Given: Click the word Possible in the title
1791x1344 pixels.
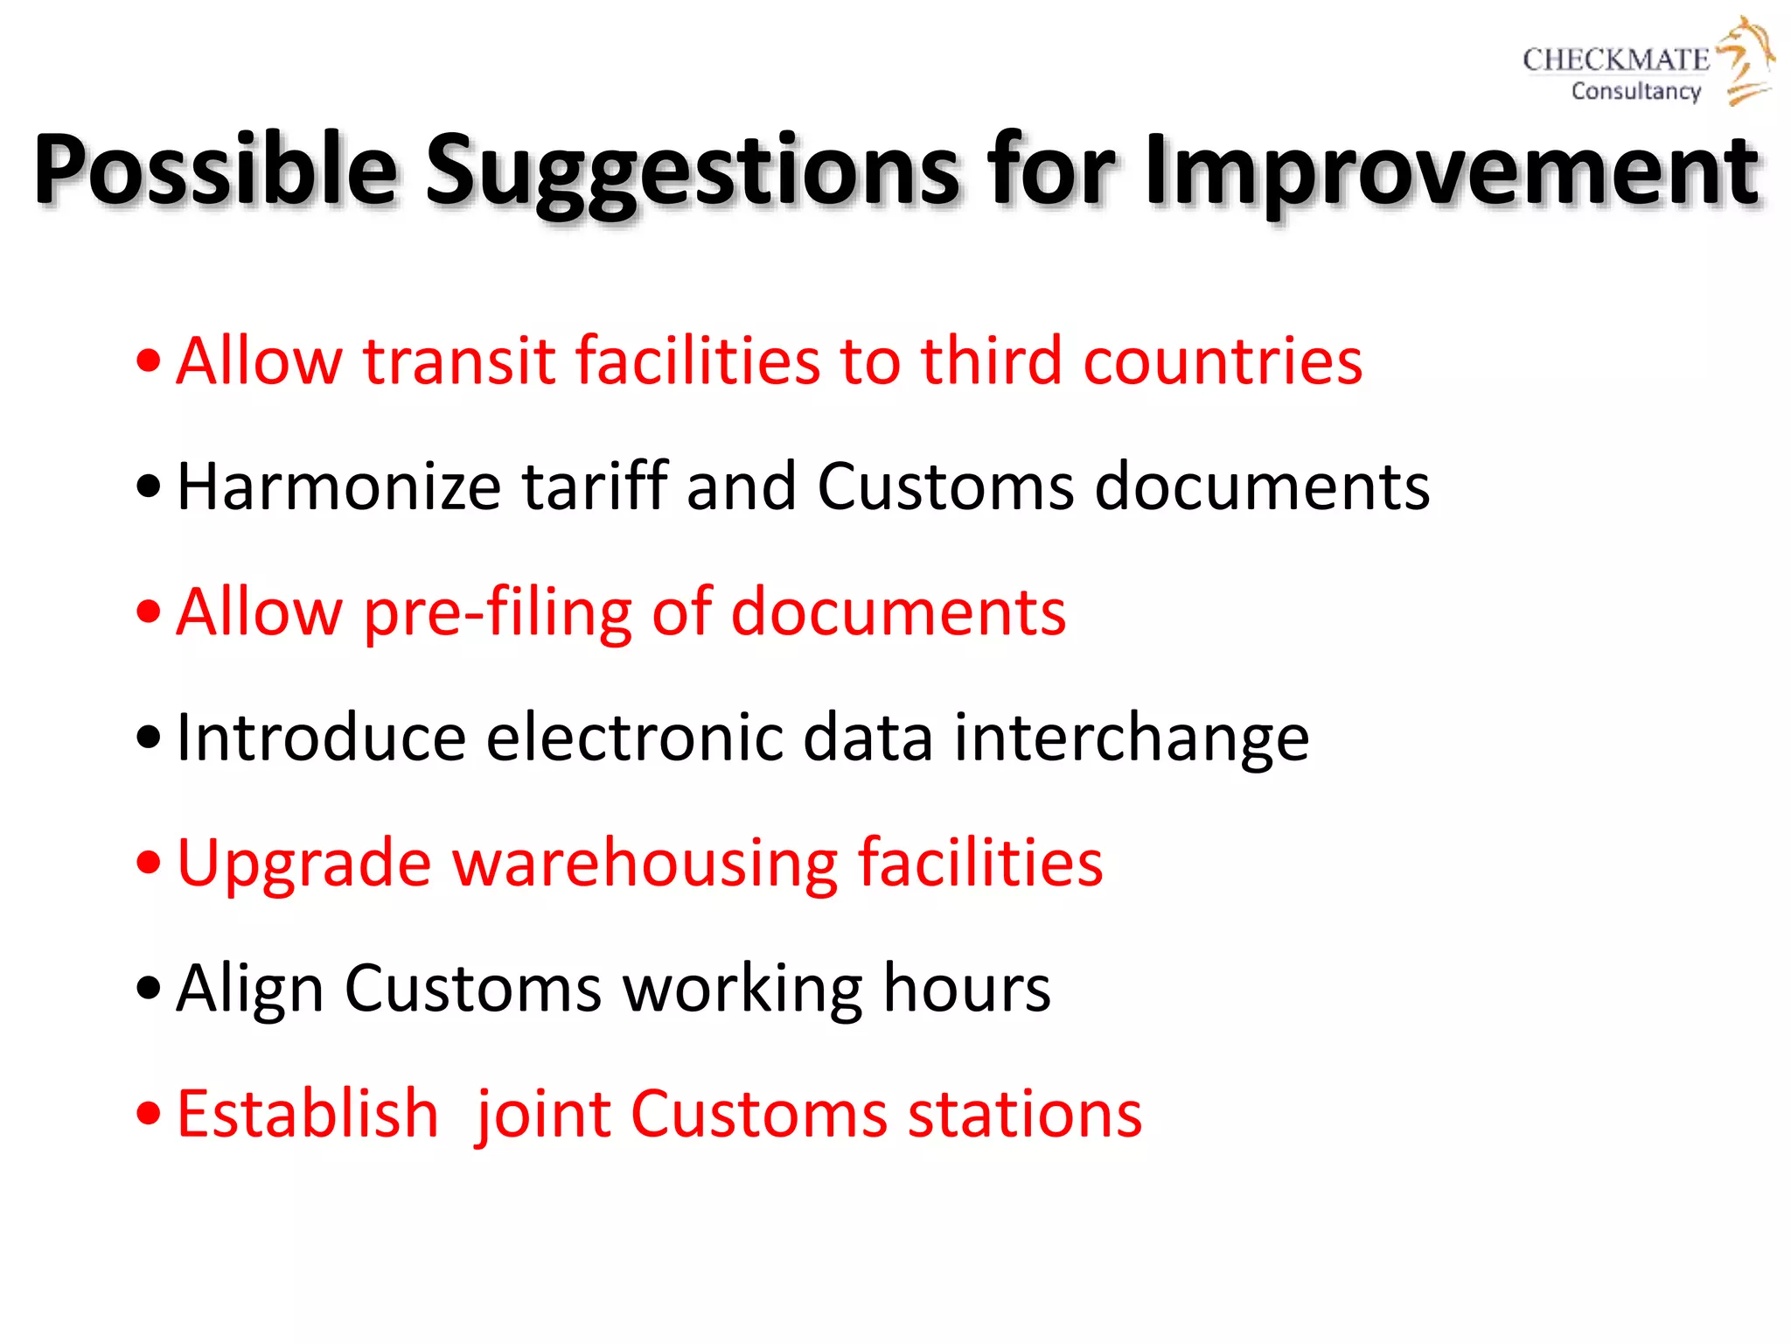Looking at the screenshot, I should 215,171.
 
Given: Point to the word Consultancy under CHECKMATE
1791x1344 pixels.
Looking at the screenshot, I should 1636,91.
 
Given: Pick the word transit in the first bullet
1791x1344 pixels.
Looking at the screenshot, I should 459,360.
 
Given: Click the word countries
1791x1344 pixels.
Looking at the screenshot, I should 1223,360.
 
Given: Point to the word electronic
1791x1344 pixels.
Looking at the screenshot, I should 634,738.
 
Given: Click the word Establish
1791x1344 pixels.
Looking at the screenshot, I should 307,1114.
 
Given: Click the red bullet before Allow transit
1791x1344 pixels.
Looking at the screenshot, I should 150,361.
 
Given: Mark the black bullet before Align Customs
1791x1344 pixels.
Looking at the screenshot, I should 150,989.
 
